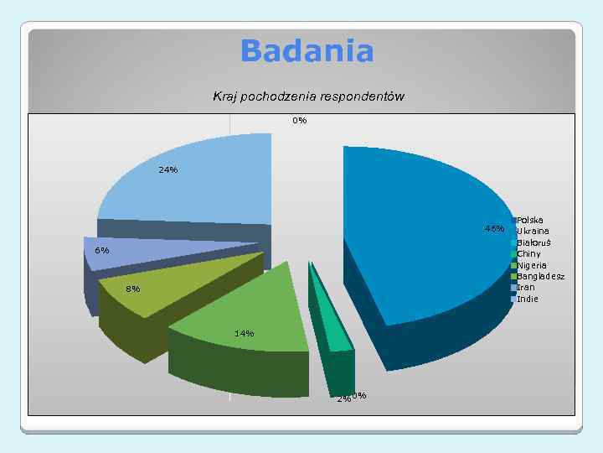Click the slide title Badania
(x=307, y=51)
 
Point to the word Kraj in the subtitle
(x=225, y=96)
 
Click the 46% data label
(x=494, y=229)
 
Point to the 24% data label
(x=167, y=170)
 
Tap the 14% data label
(x=244, y=334)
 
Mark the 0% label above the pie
(x=300, y=121)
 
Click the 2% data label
(x=343, y=399)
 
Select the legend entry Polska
(x=530, y=221)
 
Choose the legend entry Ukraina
(x=533, y=232)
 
